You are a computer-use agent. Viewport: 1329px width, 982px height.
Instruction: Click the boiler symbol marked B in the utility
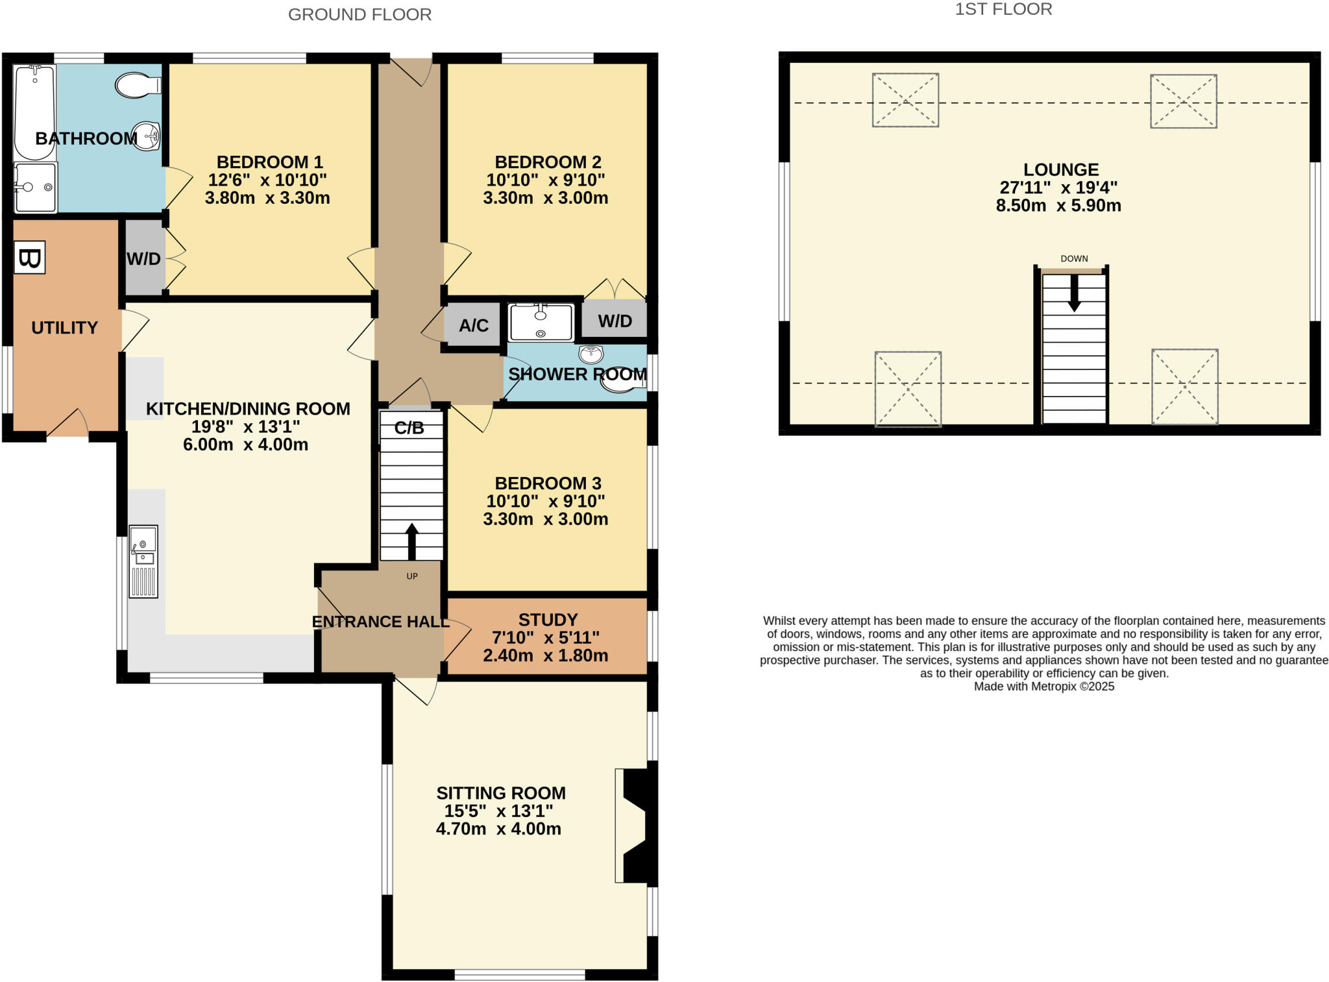pyautogui.click(x=30, y=258)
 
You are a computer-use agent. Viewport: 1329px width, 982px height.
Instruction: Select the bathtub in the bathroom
pyautogui.click(x=34, y=112)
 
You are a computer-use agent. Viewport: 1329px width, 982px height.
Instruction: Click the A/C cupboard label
pyautogui.click(x=473, y=325)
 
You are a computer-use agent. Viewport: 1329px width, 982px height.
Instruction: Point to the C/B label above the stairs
pyautogui.click(x=409, y=428)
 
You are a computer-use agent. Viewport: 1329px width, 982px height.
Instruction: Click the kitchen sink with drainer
pyautogui.click(x=143, y=561)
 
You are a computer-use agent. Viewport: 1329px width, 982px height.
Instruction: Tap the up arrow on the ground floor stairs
pyautogui.click(x=411, y=541)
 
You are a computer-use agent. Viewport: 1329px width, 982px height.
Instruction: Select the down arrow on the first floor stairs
pyautogui.click(x=1074, y=293)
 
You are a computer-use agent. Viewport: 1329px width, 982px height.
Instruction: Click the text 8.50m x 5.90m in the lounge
pyautogui.click(x=1058, y=206)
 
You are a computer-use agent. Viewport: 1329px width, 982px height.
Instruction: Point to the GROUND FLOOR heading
pyautogui.click(x=360, y=14)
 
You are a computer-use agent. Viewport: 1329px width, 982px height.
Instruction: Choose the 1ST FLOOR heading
pyautogui.click(x=1003, y=9)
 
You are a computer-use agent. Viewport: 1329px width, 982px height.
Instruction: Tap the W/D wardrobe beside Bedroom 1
pyautogui.click(x=144, y=258)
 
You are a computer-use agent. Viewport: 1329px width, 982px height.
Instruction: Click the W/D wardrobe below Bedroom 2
pyautogui.click(x=614, y=320)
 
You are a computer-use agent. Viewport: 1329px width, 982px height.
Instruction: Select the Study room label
pyautogui.click(x=548, y=620)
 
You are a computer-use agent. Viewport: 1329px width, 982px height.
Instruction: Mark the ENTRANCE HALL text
pyautogui.click(x=380, y=622)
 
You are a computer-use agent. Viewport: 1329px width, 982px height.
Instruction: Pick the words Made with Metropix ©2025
pyautogui.click(x=1043, y=687)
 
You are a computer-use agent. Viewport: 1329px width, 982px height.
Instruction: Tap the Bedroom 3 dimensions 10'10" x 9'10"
pyautogui.click(x=545, y=501)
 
